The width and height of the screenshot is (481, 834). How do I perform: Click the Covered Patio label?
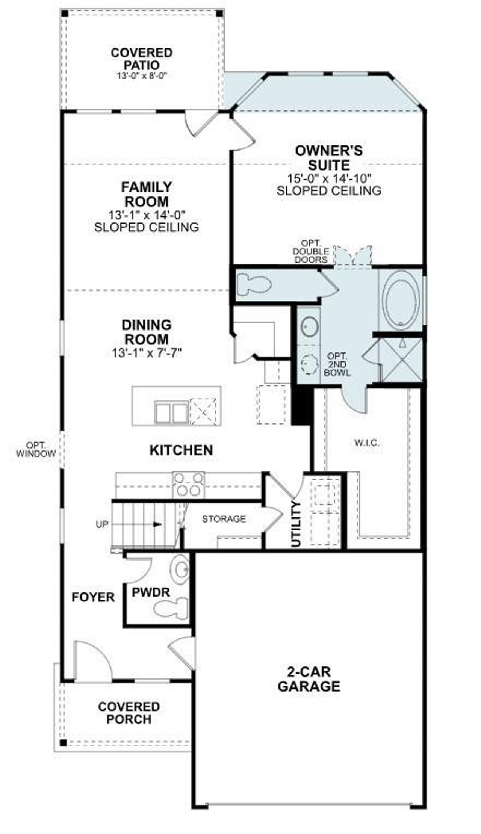[141, 59]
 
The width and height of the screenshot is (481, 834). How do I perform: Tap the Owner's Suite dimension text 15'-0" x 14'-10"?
[329, 178]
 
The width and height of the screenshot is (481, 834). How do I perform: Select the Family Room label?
[146, 194]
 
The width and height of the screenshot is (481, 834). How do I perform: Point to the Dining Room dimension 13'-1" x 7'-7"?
[147, 353]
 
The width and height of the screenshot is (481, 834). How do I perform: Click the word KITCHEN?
[181, 450]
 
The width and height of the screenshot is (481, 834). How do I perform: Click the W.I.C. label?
[366, 443]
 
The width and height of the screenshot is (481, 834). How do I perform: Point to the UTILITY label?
[296, 524]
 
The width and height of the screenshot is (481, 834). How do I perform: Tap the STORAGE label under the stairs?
[224, 519]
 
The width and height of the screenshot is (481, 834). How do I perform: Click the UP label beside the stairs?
[102, 524]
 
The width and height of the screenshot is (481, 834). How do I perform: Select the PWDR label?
[151, 592]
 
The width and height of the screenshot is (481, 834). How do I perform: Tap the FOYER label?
[93, 597]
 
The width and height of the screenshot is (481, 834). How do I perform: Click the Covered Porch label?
[129, 713]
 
